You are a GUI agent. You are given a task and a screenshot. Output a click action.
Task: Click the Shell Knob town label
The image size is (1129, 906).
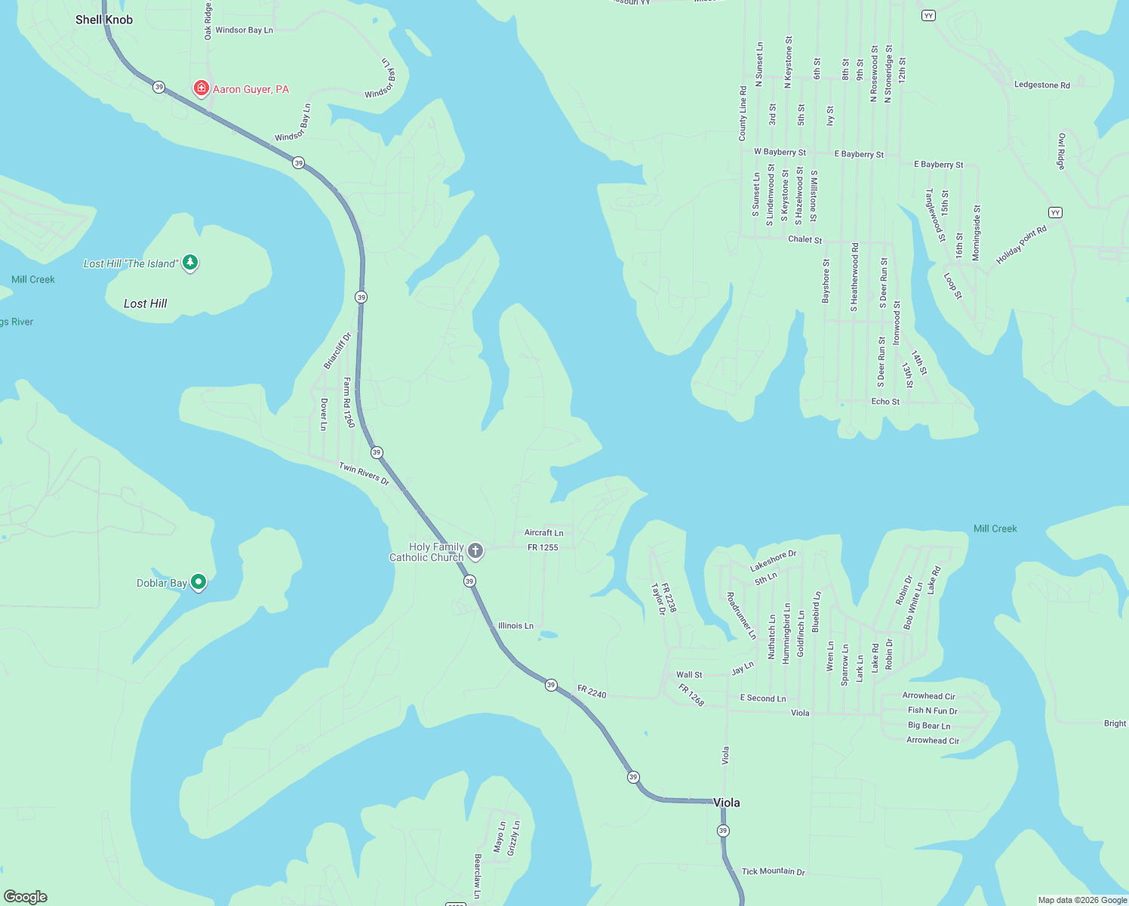pyautogui.click(x=104, y=20)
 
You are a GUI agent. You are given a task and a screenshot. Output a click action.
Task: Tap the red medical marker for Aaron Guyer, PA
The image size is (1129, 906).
pyautogui.click(x=201, y=88)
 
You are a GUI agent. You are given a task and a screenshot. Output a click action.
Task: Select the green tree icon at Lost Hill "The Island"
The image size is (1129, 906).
pyautogui.click(x=191, y=263)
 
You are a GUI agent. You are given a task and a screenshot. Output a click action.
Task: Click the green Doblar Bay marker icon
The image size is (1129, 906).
pyautogui.click(x=198, y=581)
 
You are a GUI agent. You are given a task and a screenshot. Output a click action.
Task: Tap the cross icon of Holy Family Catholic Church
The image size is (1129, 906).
pyautogui.click(x=475, y=550)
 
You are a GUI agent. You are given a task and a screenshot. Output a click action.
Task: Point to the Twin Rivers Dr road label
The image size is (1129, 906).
pyautogui.click(x=364, y=474)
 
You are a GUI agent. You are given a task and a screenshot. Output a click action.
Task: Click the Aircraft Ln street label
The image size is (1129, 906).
pyautogui.click(x=543, y=533)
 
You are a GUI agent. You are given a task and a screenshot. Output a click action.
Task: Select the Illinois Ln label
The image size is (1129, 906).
pyautogui.click(x=515, y=626)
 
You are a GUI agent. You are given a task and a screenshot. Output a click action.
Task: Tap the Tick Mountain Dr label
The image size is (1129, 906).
pyautogui.click(x=773, y=871)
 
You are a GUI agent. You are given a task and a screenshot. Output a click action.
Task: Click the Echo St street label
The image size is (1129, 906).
pyautogui.click(x=885, y=402)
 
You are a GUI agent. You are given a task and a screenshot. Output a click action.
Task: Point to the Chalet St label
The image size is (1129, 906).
pyautogui.click(x=804, y=239)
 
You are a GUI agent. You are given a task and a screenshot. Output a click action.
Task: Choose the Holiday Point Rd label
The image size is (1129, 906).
pyautogui.click(x=1021, y=245)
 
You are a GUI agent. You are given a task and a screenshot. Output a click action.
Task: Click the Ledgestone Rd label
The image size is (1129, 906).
pyautogui.click(x=1041, y=85)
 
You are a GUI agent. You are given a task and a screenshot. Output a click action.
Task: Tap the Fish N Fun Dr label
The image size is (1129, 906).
pyautogui.click(x=932, y=710)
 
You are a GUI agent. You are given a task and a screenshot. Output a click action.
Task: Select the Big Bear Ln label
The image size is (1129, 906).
pyautogui.click(x=928, y=726)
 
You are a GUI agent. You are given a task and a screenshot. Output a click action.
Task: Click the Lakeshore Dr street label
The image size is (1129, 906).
pyautogui.click(x=773, y=561)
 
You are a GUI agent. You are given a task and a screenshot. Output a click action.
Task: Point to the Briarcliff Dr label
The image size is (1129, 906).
pyautogui.click(x=337, y=351)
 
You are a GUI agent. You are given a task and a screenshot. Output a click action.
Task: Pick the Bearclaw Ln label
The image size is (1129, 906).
pyautogui.click(x=477, y=876)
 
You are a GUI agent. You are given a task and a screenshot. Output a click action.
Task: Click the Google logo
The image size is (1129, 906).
pyautogui.click(x=26, y=896)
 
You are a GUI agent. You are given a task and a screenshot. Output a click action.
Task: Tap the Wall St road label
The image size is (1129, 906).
pyautogui.click(x=688, y=675)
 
